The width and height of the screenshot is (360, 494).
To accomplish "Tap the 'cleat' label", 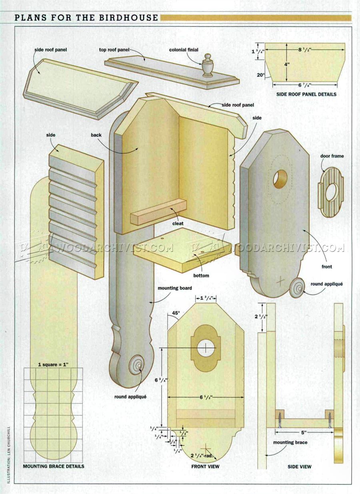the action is [x=178, y=223].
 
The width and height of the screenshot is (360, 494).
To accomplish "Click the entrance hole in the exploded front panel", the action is [x=280, y=179].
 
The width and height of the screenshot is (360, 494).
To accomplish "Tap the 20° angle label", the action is [x=260, y=75].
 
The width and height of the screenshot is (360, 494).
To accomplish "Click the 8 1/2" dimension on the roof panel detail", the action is [x=305, y=50].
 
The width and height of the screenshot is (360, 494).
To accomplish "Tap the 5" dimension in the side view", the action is [x=304, y=433].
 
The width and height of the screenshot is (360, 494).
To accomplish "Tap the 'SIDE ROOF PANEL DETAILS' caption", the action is [x=306, y=94].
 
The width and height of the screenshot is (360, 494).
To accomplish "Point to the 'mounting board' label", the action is [x=175, y=288].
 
